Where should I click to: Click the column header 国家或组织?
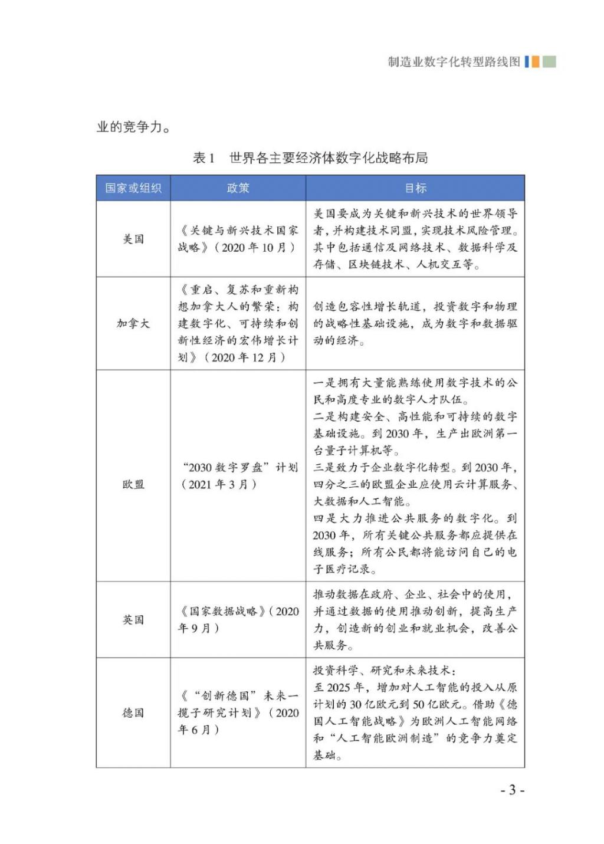click(133, 188)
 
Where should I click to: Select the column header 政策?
click(238, 188)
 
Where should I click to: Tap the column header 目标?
click(415, 188)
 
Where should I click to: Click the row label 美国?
click(133, 239)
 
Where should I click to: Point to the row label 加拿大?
click(133, 323)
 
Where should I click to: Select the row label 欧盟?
click(133, 484)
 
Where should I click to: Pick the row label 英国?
click(133, 620)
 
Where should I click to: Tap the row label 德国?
click(133, 712)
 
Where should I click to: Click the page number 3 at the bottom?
click(513, 790)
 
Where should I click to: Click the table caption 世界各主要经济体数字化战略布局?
click(329, 158)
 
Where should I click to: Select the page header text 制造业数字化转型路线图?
click(454, 62)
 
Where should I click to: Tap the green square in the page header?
click(549, 62)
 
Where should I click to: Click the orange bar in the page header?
click(535, 62)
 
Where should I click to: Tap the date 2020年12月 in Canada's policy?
click(244, 357)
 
